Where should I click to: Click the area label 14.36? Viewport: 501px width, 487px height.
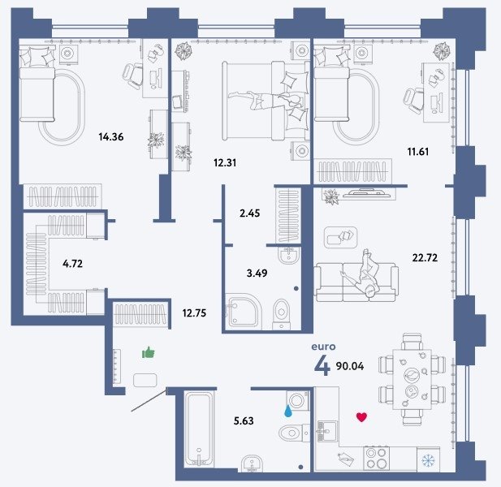(x=111, y=137)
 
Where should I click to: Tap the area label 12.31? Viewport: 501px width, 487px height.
(x=225, y=163)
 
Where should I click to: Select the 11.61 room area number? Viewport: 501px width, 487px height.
(x=418, y=151)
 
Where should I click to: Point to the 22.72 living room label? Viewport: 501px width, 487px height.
(x=425, y=257)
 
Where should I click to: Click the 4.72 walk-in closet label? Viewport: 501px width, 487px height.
(x=72, y=264)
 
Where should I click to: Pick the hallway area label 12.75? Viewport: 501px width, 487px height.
(x=194, y=313)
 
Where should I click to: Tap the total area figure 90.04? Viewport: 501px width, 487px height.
(x=349, y=366)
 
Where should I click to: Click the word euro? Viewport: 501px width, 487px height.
(x=323, y=347)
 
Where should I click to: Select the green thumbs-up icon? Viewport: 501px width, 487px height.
(x=149, y=352)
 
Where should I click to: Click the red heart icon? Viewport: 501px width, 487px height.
(x=361, y=417)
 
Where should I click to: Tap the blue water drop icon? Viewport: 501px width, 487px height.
(x=288, y=411)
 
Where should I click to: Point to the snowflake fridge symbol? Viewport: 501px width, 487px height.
(x=428, y=460)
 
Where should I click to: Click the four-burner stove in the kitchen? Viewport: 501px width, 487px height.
(x=377, y=459)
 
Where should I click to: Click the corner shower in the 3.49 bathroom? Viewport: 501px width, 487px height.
(x=243, y=312)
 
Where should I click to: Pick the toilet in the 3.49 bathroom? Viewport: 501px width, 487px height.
(x=281, y=313)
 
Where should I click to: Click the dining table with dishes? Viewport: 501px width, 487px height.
(x=412, y=380)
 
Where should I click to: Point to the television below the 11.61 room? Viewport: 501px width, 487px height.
(x=367, y=193)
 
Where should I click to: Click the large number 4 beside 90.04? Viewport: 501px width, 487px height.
(x=322, y=365)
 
